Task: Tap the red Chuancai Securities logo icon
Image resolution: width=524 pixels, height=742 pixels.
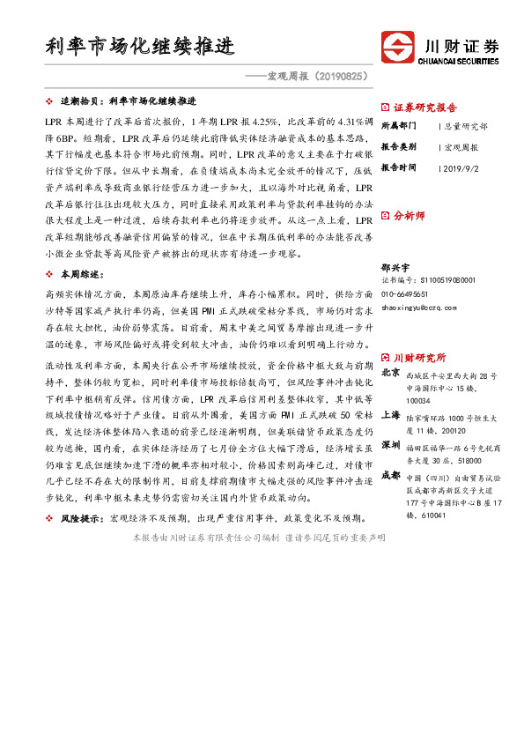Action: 396,48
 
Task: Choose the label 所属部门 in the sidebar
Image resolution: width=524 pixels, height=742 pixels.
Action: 401,126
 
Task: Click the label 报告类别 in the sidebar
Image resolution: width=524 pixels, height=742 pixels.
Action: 401,146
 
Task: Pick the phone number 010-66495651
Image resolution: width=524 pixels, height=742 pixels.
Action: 405,293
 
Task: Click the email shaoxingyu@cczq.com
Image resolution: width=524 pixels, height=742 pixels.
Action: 418,307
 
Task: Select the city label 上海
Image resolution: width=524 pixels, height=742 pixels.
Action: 391,413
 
